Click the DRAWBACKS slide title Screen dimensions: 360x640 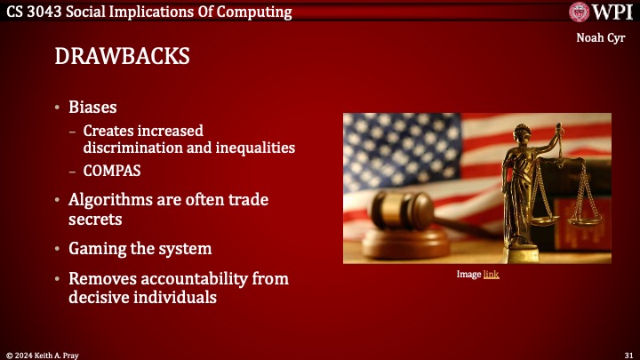point(122,57)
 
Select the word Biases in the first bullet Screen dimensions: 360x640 point(93,108)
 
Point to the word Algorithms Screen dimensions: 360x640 point(111,200)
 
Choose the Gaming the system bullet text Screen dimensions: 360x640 point(140,248)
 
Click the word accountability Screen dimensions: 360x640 point(190,279)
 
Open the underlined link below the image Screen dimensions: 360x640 point(491,276)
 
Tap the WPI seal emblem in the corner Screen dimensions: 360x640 point(581,12)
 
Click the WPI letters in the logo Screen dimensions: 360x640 point(613,12)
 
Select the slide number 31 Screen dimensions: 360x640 point(628,354)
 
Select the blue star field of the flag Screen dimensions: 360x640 point(387,142)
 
